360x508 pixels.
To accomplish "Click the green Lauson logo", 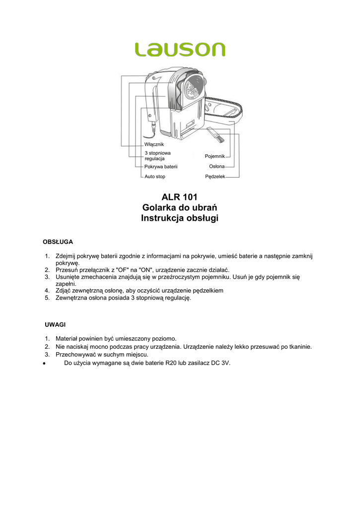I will (x=180, y=49).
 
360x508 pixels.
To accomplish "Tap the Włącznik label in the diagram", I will (x=154, y=144).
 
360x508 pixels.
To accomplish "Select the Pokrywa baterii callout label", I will (x=161, y=167).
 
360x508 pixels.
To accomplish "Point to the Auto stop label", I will (x=155, y=176).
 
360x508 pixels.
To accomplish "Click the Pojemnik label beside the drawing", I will (x=215, y=156).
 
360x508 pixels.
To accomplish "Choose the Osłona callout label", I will (x=216, y=166).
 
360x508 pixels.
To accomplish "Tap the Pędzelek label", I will (x=215, y=177).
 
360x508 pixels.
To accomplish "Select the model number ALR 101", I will (x=180, y=196).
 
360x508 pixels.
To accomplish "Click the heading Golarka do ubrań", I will (x=180, y=207).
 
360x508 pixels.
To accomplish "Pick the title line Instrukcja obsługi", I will (x=180, y=218).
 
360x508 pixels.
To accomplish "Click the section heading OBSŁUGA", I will (x=59, y=242).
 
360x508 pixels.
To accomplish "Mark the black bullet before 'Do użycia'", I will (x=44, y=363).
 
